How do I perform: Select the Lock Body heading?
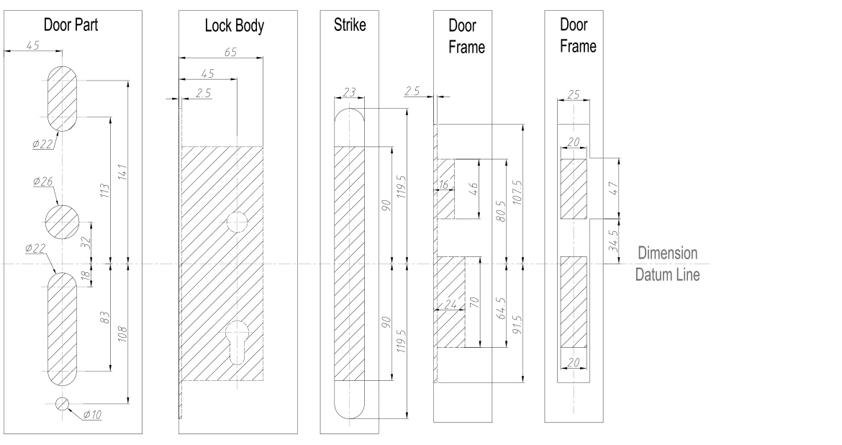pos(234,27)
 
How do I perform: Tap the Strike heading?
pos(350,26)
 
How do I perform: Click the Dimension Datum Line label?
pos(666,264)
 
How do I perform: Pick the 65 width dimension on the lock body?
pos(230,53)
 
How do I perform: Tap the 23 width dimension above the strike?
pos(350,91)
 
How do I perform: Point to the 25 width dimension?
pos(574,94)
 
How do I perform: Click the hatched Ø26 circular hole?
pos(63,221)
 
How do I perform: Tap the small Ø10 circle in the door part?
pos(63,403)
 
